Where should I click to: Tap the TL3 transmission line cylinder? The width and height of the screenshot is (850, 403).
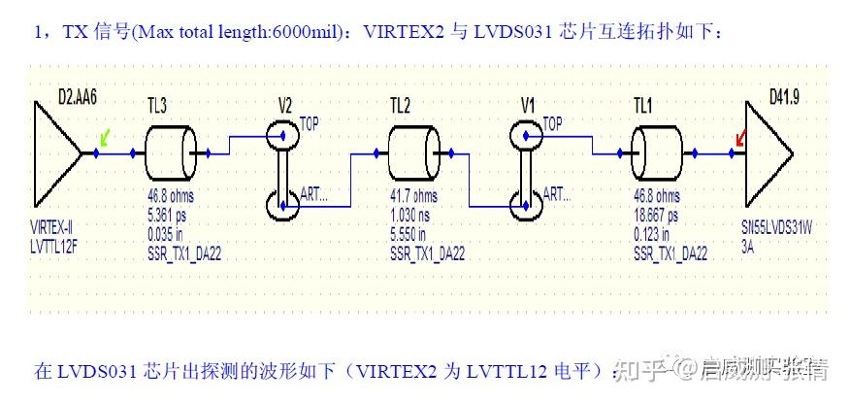(x=171, y=152)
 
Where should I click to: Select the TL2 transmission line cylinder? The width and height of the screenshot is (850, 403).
(x=414, y=152)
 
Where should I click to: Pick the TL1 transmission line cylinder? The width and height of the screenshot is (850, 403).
(x=658, y=152)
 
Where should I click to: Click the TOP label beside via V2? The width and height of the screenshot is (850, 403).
(x=310, y=122)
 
